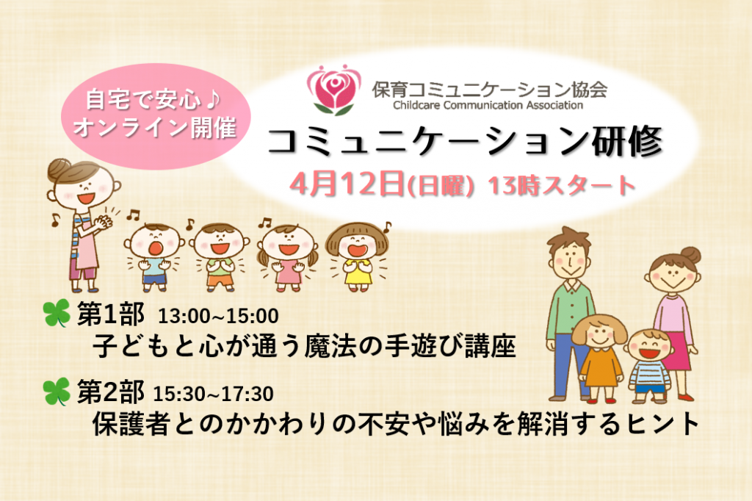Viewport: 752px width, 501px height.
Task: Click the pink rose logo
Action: [334, 90]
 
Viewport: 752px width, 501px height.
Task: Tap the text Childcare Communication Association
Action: [488, 105]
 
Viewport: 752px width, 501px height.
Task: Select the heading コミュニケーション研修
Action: [464, 141]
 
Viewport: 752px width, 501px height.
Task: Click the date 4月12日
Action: [347, 184]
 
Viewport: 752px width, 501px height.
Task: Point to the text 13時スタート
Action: [562, 186]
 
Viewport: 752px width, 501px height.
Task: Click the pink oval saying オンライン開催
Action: [156, 116]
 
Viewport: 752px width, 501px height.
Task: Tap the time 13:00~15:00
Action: [218, 316]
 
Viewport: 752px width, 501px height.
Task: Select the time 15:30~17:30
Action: [213, 394]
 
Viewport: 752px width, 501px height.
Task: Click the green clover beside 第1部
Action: [57, 314]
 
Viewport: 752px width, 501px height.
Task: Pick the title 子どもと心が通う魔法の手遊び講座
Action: [304, 346]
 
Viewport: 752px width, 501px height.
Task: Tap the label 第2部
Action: [110, 392]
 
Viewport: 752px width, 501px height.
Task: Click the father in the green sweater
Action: [571, 313]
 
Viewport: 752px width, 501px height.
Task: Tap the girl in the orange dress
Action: [599, 358]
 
